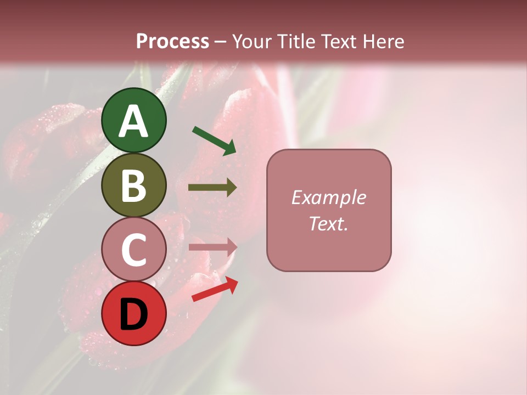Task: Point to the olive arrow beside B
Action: click(212, 188)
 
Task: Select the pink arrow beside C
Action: click(213, 247)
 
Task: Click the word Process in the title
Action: click(172, 42)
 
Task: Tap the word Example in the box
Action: click(328, 198)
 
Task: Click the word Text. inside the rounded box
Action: click(328, 223)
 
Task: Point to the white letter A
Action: click(134, 121)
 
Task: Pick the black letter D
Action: click(134, 314)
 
